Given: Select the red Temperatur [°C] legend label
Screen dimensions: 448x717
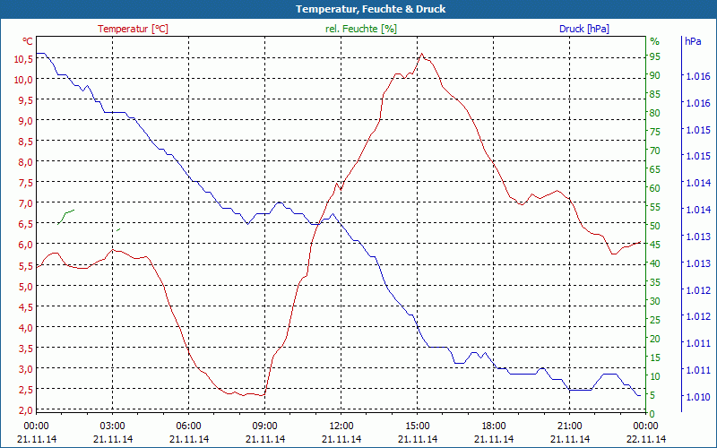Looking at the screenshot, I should tap(133, 29).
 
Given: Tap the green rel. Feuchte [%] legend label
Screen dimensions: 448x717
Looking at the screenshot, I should tap(360, 29).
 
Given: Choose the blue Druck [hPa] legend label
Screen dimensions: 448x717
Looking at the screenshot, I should tap(583, 29).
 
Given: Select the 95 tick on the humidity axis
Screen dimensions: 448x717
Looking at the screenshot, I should tap(654, 56).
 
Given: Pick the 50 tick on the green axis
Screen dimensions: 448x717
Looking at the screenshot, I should tap(654, 226).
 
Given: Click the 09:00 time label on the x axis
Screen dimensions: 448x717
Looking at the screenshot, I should tap(264, 426).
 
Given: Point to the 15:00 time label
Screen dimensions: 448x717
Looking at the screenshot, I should tap(418, 426).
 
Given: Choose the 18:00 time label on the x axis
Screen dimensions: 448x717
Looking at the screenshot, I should tap(494, 426).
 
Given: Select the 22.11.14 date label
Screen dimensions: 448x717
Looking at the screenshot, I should tap(646, 439).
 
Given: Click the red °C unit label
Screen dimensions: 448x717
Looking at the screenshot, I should tap(27, 41).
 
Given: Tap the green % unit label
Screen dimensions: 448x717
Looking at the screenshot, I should tap(654, 41).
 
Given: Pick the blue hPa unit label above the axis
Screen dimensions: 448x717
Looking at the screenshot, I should tap(693, 41).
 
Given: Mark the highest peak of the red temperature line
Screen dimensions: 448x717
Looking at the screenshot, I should tap(421, 54).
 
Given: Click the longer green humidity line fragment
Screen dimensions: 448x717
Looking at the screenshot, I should tap(66, 216).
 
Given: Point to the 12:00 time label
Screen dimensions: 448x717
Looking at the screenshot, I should tap(341, 426).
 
